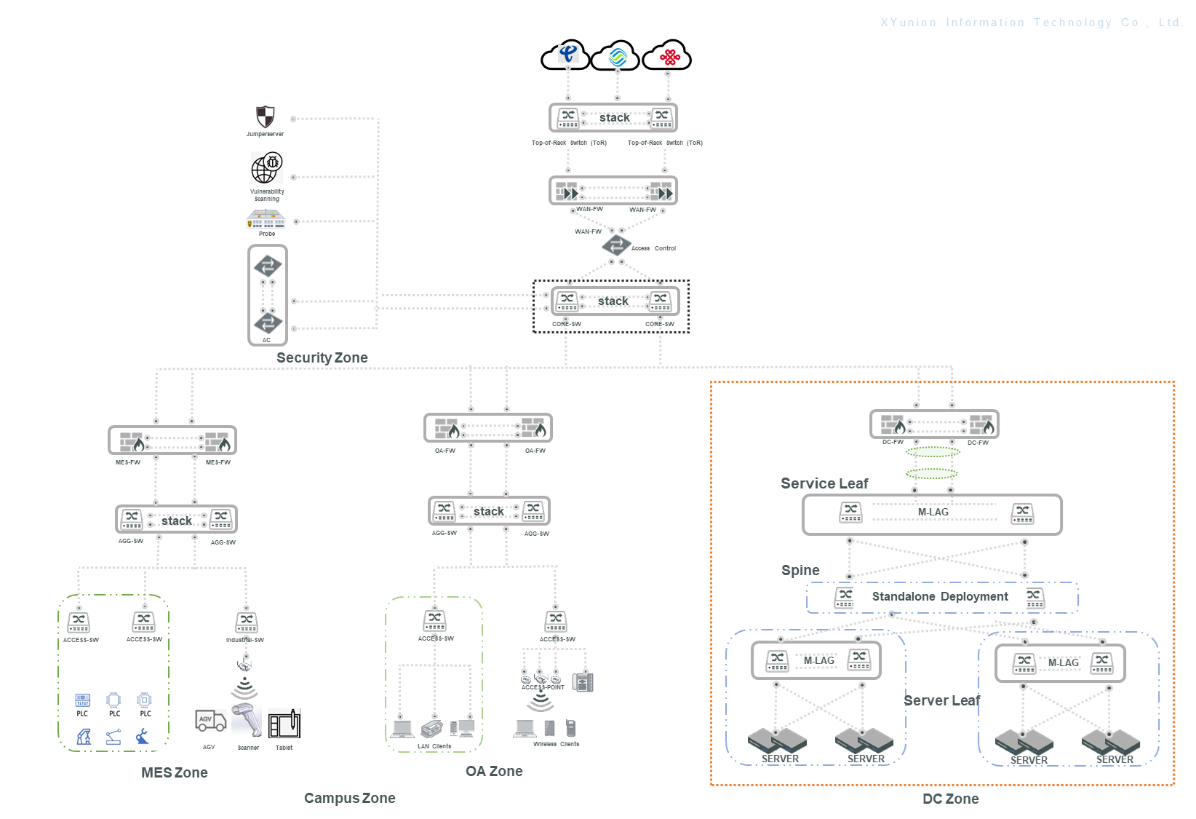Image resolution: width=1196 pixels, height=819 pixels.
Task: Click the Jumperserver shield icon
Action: click(266, 116)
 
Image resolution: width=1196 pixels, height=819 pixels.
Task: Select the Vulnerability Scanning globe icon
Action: click(266, 168)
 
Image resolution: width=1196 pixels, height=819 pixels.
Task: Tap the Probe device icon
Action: click(266, 219)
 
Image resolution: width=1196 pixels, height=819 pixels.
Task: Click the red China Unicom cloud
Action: click(668, 56)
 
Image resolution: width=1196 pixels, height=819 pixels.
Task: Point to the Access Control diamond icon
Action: click(616, 245)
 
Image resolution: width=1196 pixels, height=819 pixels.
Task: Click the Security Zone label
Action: click(322, 357)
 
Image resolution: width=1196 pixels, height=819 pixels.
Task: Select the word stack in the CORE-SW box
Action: click(613, 301)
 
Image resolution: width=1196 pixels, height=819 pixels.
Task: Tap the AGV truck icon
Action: click(210, 721)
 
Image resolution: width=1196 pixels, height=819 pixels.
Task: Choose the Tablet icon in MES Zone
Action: click(284, 724)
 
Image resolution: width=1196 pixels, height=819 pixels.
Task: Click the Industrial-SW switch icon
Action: click(247, 622)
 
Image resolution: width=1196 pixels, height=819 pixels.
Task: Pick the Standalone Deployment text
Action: click(940, 597)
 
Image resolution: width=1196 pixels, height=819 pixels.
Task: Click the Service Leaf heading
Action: click(824, 483)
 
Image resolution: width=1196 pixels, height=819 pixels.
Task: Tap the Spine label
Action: click(800, 570)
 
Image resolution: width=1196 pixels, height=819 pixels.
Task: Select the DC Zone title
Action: click(950, 799)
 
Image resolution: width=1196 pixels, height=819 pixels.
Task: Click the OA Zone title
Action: click(494, 771)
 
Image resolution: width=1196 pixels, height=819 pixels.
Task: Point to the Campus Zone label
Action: click(349, 798)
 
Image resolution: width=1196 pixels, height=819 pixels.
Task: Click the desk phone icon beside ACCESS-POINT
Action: click(583, 682)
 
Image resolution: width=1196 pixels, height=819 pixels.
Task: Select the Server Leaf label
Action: click(941, 700)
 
